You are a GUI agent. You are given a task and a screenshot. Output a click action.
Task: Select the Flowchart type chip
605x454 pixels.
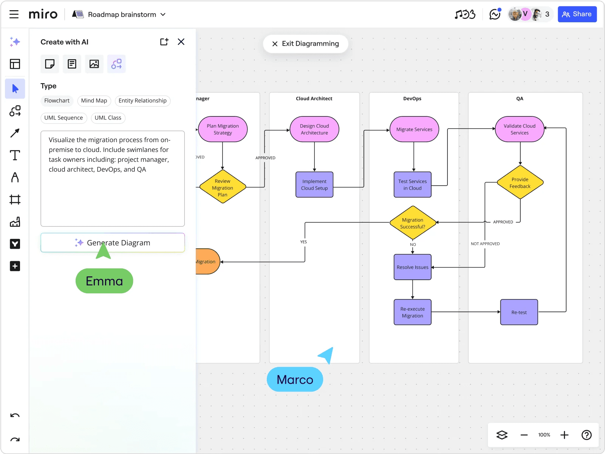click(x=57, y=101)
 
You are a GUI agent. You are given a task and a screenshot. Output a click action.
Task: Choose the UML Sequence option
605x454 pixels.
click(x=63, y=118)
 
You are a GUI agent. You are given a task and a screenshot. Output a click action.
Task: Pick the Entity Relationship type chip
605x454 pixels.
click(x=142, y=101)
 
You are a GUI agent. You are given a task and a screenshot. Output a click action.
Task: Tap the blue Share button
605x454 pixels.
click(x=577, y=14)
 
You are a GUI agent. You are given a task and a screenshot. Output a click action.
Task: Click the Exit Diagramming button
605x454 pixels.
click(x=305, y=44)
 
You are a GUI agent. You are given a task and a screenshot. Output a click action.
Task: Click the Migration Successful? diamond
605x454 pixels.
click(x=413, y=223)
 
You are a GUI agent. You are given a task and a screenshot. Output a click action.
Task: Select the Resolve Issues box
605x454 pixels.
click(x=413, y=267)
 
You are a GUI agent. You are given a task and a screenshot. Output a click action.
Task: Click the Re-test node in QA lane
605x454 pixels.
click(x=519, y=312)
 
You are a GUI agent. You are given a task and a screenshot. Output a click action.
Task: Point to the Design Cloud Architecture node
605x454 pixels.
click(x=314, y=129)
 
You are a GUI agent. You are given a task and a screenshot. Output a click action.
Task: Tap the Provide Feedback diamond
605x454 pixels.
click(x=520, y=183)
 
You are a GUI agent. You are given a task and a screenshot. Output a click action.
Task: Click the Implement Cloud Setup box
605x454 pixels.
click(x=314, y=184)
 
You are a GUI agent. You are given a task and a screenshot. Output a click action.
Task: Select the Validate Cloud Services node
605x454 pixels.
click(x=520, y=129)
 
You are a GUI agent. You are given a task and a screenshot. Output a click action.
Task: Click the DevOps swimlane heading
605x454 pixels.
click(x=412, y=99)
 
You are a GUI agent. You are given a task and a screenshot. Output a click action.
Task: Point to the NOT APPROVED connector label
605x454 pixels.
click(x=485, y=244)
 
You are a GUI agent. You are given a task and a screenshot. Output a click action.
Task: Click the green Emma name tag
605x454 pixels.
click(x=104, y=281)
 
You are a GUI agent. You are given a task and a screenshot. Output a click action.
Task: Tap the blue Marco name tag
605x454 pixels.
click(x=295, y=379)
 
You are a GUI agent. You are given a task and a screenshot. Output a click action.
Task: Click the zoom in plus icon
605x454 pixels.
click(x=564, y=435)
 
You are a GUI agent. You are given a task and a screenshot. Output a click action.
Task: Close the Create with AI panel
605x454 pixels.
click(x=181, y=42)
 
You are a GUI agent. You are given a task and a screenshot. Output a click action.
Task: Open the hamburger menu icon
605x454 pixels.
click(x=14, y=14)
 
